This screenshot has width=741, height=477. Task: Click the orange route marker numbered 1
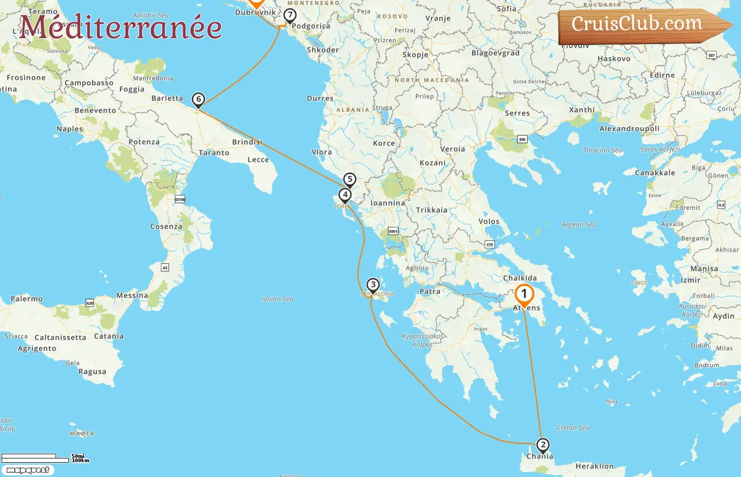tap(524, 294)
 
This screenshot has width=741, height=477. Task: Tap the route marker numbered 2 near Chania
tap(543, 445)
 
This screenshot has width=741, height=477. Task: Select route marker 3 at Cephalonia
tap(373, 285)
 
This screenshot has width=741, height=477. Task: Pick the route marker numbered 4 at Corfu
tap(345, 195)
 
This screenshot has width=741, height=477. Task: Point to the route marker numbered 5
tap(349, 179)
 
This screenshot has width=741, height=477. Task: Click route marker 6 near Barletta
tap(198, 99)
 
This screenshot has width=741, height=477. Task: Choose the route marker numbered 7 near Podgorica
tap(290, 15)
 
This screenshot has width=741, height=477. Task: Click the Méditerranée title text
tap(121, 27)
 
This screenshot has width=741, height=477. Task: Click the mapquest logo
tap(28, 470)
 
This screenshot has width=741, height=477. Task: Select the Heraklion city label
tap(594, 466)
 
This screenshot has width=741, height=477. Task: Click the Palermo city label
tap(26, 299)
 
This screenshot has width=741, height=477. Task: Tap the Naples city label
tap(70, 129)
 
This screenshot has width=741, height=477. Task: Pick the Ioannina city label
tap(387, 203)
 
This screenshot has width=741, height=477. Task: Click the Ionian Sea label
tap(277, 299)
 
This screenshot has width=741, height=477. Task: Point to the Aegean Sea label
tap(579, 225)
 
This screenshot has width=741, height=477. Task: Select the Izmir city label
tap(690, 280)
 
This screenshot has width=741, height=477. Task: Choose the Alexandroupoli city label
tap(629, 129)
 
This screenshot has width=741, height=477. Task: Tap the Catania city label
tap(109, 336)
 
